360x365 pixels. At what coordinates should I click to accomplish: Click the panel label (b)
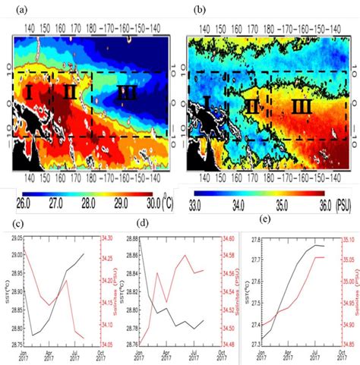200,10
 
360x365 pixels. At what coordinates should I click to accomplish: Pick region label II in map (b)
251,108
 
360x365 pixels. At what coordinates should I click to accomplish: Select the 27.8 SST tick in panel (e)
252,219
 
